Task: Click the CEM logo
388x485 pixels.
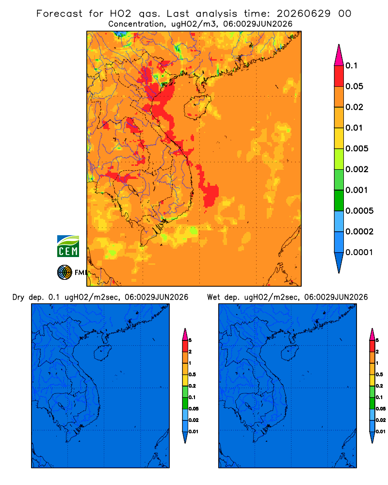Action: pos(68,246)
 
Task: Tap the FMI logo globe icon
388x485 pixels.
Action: pos(65,273)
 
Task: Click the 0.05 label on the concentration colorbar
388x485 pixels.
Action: pos(354,86)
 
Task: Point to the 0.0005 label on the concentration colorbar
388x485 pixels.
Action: pos(359,211)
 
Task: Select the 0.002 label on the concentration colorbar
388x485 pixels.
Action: pos(357,169)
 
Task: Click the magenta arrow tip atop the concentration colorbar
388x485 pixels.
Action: pos(339,45)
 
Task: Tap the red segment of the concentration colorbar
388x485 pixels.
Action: pos(339,76)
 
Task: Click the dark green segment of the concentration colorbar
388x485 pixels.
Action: pos(339,200)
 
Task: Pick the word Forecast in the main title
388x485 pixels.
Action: pos(59,14)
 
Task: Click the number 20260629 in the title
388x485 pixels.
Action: pos(303,14)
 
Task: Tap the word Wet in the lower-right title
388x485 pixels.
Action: pos(213,297)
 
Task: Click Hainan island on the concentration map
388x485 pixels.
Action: pos(197,107)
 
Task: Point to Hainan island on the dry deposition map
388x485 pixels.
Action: pos(102,353)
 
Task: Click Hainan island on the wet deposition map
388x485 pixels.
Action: pos(290,353)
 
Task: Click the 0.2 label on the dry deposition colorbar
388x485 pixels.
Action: pos(192,386)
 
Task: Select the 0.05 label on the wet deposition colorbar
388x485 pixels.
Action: pos(381,409)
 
